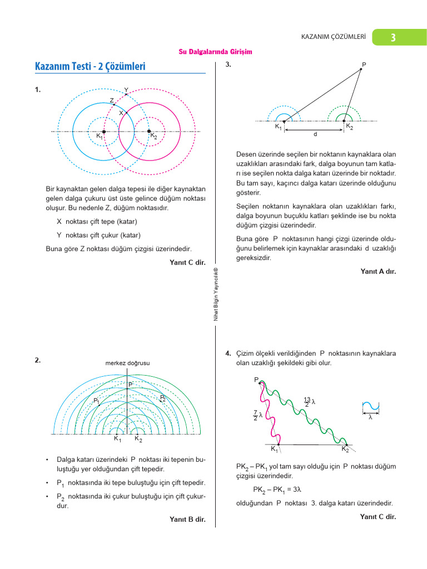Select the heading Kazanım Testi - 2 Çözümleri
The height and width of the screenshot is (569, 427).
90,67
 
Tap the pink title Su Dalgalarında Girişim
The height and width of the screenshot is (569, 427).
215,52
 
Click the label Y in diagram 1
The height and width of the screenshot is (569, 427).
126,90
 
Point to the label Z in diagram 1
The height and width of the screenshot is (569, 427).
112,101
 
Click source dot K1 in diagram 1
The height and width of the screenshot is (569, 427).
104,132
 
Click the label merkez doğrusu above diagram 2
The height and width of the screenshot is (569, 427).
127,363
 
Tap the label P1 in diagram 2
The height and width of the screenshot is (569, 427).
96,401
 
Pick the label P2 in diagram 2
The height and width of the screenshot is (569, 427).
163,398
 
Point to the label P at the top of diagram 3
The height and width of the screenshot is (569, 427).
364,65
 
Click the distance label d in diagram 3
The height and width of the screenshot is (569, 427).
315,134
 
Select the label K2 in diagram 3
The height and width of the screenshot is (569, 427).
350,127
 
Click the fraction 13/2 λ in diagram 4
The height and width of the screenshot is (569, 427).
310,401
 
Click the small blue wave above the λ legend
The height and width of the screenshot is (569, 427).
370,407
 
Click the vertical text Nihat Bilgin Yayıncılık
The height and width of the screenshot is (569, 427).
216,295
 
